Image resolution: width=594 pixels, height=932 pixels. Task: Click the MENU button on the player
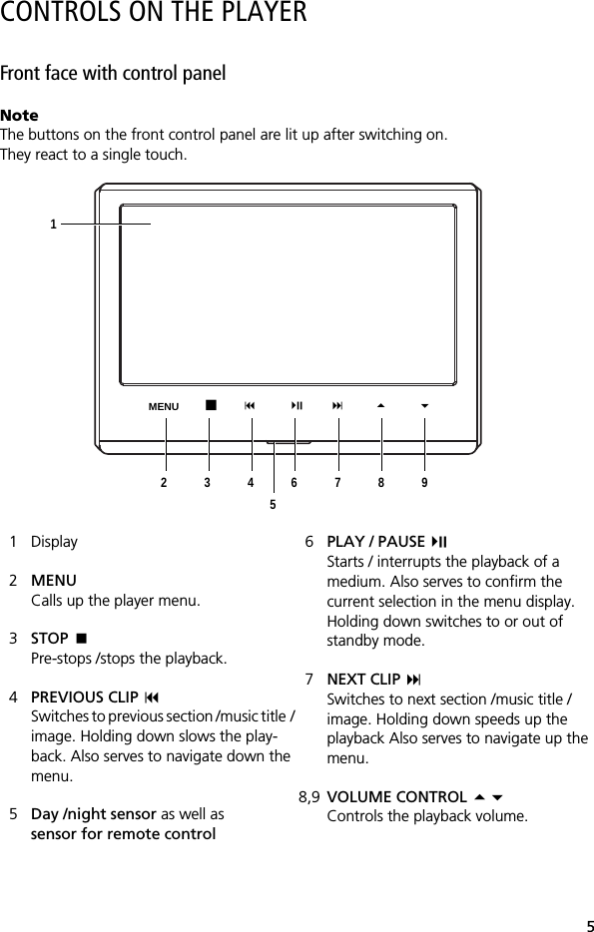tap(164, 407)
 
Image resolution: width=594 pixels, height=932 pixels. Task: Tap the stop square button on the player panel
tap(210, 405)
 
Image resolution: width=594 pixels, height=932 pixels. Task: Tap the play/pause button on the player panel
tap(297, 405)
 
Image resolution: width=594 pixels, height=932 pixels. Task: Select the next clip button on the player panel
tap(338, 405)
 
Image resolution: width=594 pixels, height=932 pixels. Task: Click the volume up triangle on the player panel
tap(380, 405)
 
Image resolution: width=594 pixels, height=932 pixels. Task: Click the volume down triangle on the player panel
tap(424, 405)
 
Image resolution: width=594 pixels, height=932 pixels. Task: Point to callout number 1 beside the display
tap(54, 225)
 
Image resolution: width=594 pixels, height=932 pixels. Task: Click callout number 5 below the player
tap(273, 505)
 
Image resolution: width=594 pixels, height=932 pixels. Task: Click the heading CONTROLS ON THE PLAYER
tap(154, 14)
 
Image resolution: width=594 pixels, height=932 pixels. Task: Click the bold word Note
tap(19, 116)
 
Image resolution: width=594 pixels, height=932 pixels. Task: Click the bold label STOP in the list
tap(50, 639)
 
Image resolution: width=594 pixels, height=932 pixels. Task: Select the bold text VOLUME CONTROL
tap(396, 797)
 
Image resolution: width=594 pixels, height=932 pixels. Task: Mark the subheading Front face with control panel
tap(113, 74)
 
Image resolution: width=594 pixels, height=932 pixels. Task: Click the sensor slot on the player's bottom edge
tap(288, 442)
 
